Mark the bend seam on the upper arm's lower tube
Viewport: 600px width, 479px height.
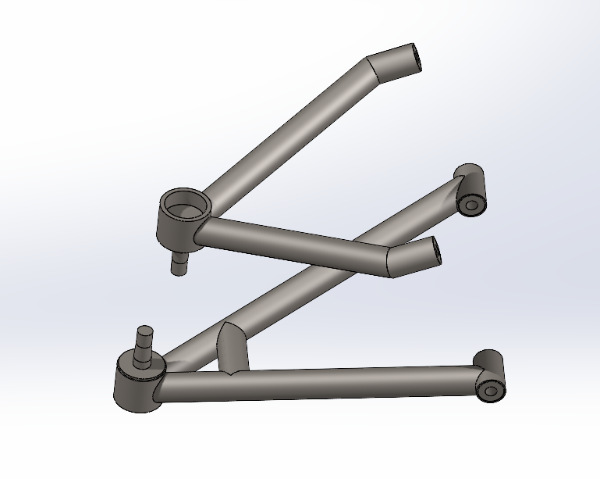tap(389, 263)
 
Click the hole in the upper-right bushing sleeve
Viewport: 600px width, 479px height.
tap(470, 206)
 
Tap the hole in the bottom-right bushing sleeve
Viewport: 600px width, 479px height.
tap(490, 389)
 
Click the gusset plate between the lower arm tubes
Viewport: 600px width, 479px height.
tap(233, 349)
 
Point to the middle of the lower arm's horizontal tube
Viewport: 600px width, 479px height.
tap(320, 383)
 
